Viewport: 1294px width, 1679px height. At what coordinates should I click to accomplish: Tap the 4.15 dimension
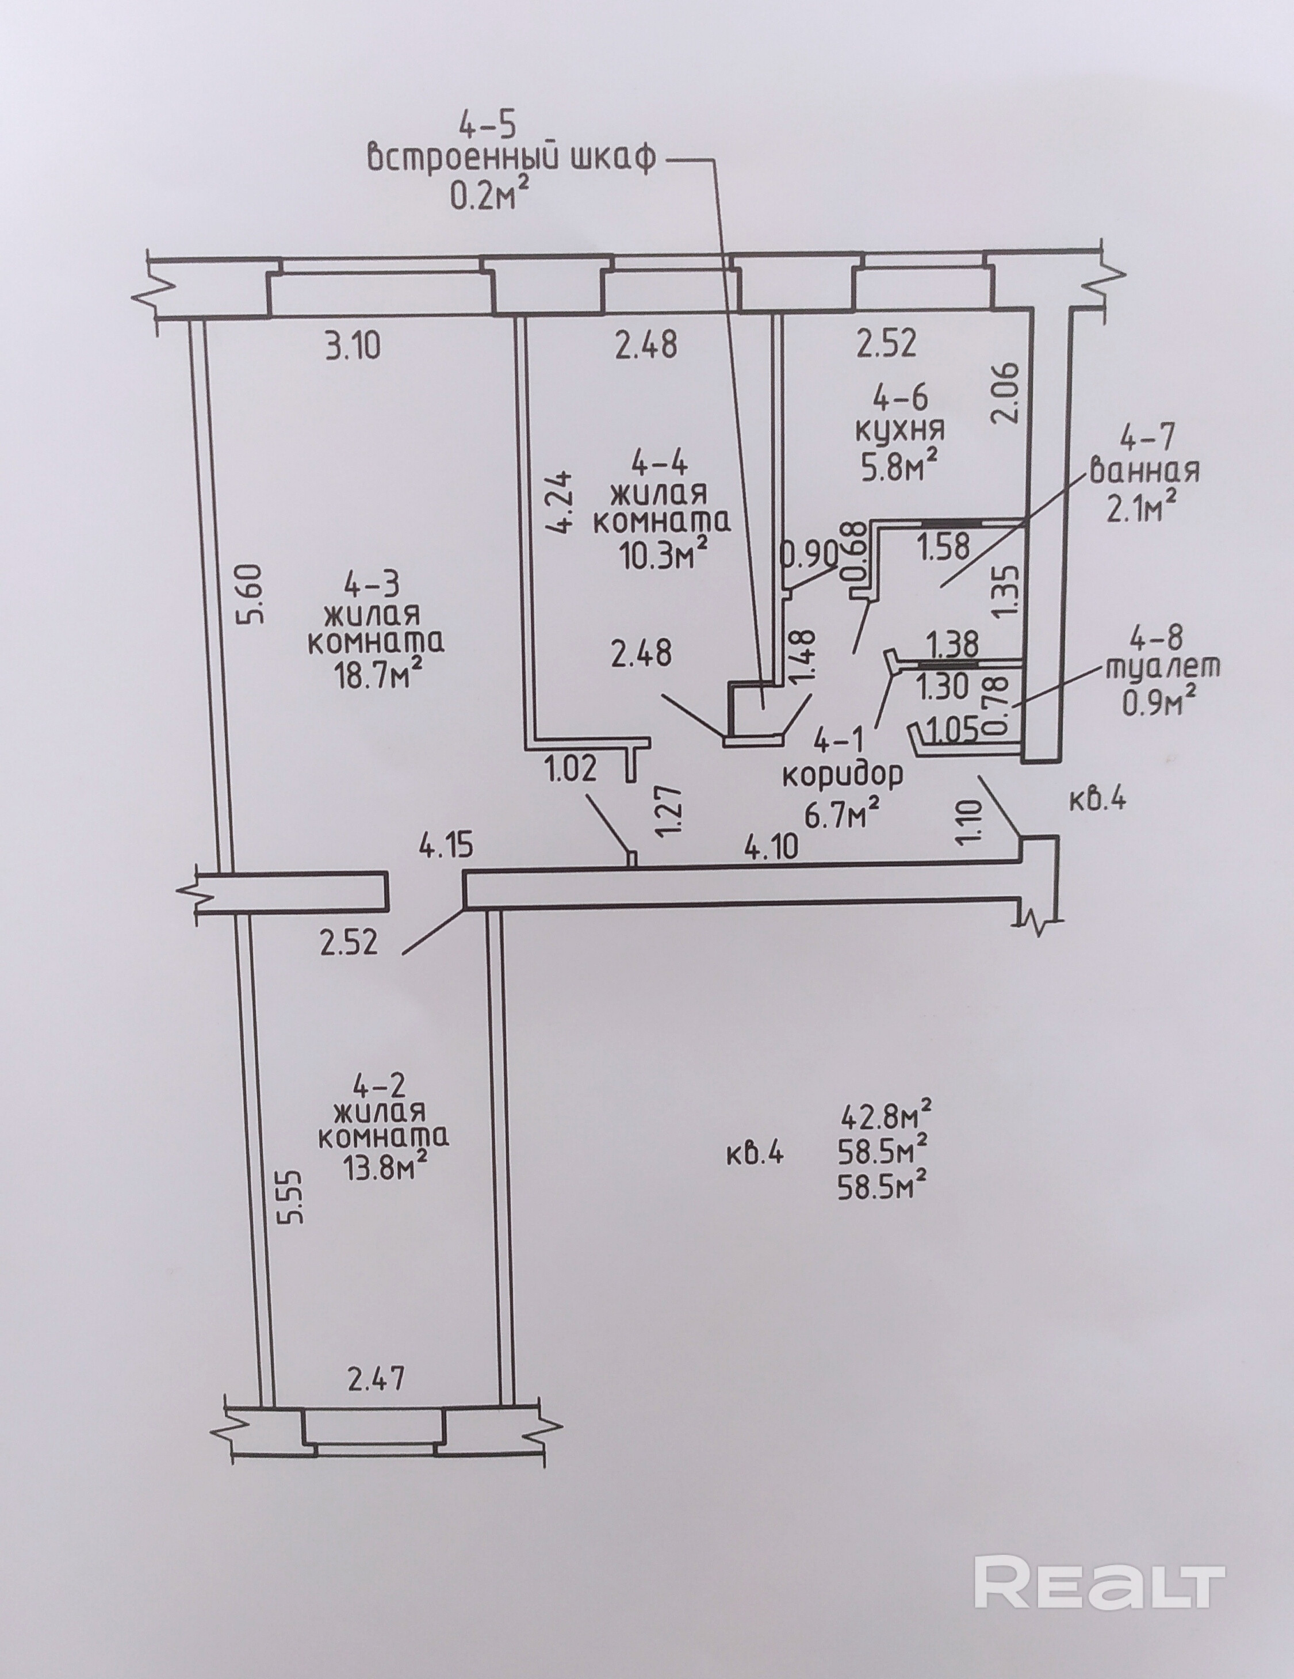[x=446, y=847]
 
